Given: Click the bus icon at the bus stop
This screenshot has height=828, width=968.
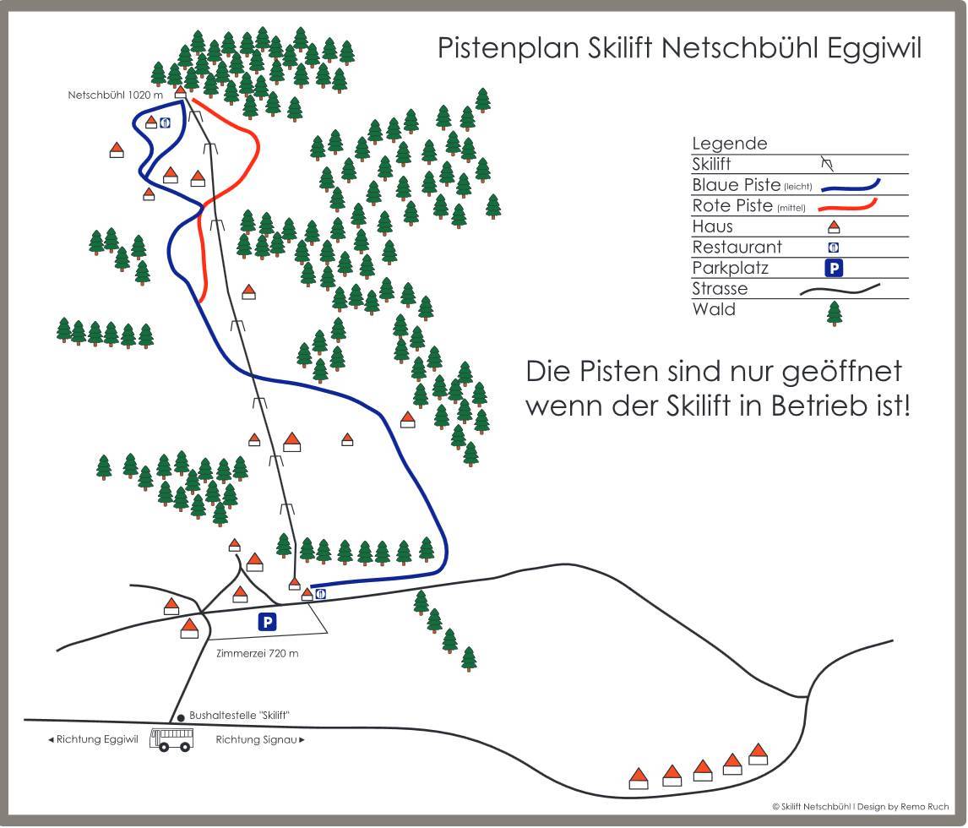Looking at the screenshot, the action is [x=171, y=739].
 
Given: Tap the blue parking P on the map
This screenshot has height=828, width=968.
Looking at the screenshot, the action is [x=267, y=622].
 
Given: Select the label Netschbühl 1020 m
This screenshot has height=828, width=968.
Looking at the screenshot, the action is [x=116, y=95].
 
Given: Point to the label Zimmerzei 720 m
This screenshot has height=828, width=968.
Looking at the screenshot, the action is [x=258, y=653].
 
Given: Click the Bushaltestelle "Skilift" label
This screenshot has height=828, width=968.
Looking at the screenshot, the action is [x=240, y=715].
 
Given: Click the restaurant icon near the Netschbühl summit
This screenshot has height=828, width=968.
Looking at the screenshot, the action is [x=165, y=123].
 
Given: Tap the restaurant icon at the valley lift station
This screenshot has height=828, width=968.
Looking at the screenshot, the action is [x=320, y=593].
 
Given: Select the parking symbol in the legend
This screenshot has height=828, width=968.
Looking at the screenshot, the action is [x=834, y=268].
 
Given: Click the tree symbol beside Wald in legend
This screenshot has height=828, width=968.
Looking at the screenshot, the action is [x=834, y=313].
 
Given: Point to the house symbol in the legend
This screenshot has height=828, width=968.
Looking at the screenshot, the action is [x=834, y=227].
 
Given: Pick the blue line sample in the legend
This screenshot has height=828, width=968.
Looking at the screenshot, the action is [x=851, y=185].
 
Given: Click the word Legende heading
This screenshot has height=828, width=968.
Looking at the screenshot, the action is [x=730, y=144].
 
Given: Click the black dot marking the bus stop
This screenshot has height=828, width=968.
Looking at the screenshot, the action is [x=181, y=717].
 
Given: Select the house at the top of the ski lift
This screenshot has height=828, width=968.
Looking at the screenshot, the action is [x=180, y=92].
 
